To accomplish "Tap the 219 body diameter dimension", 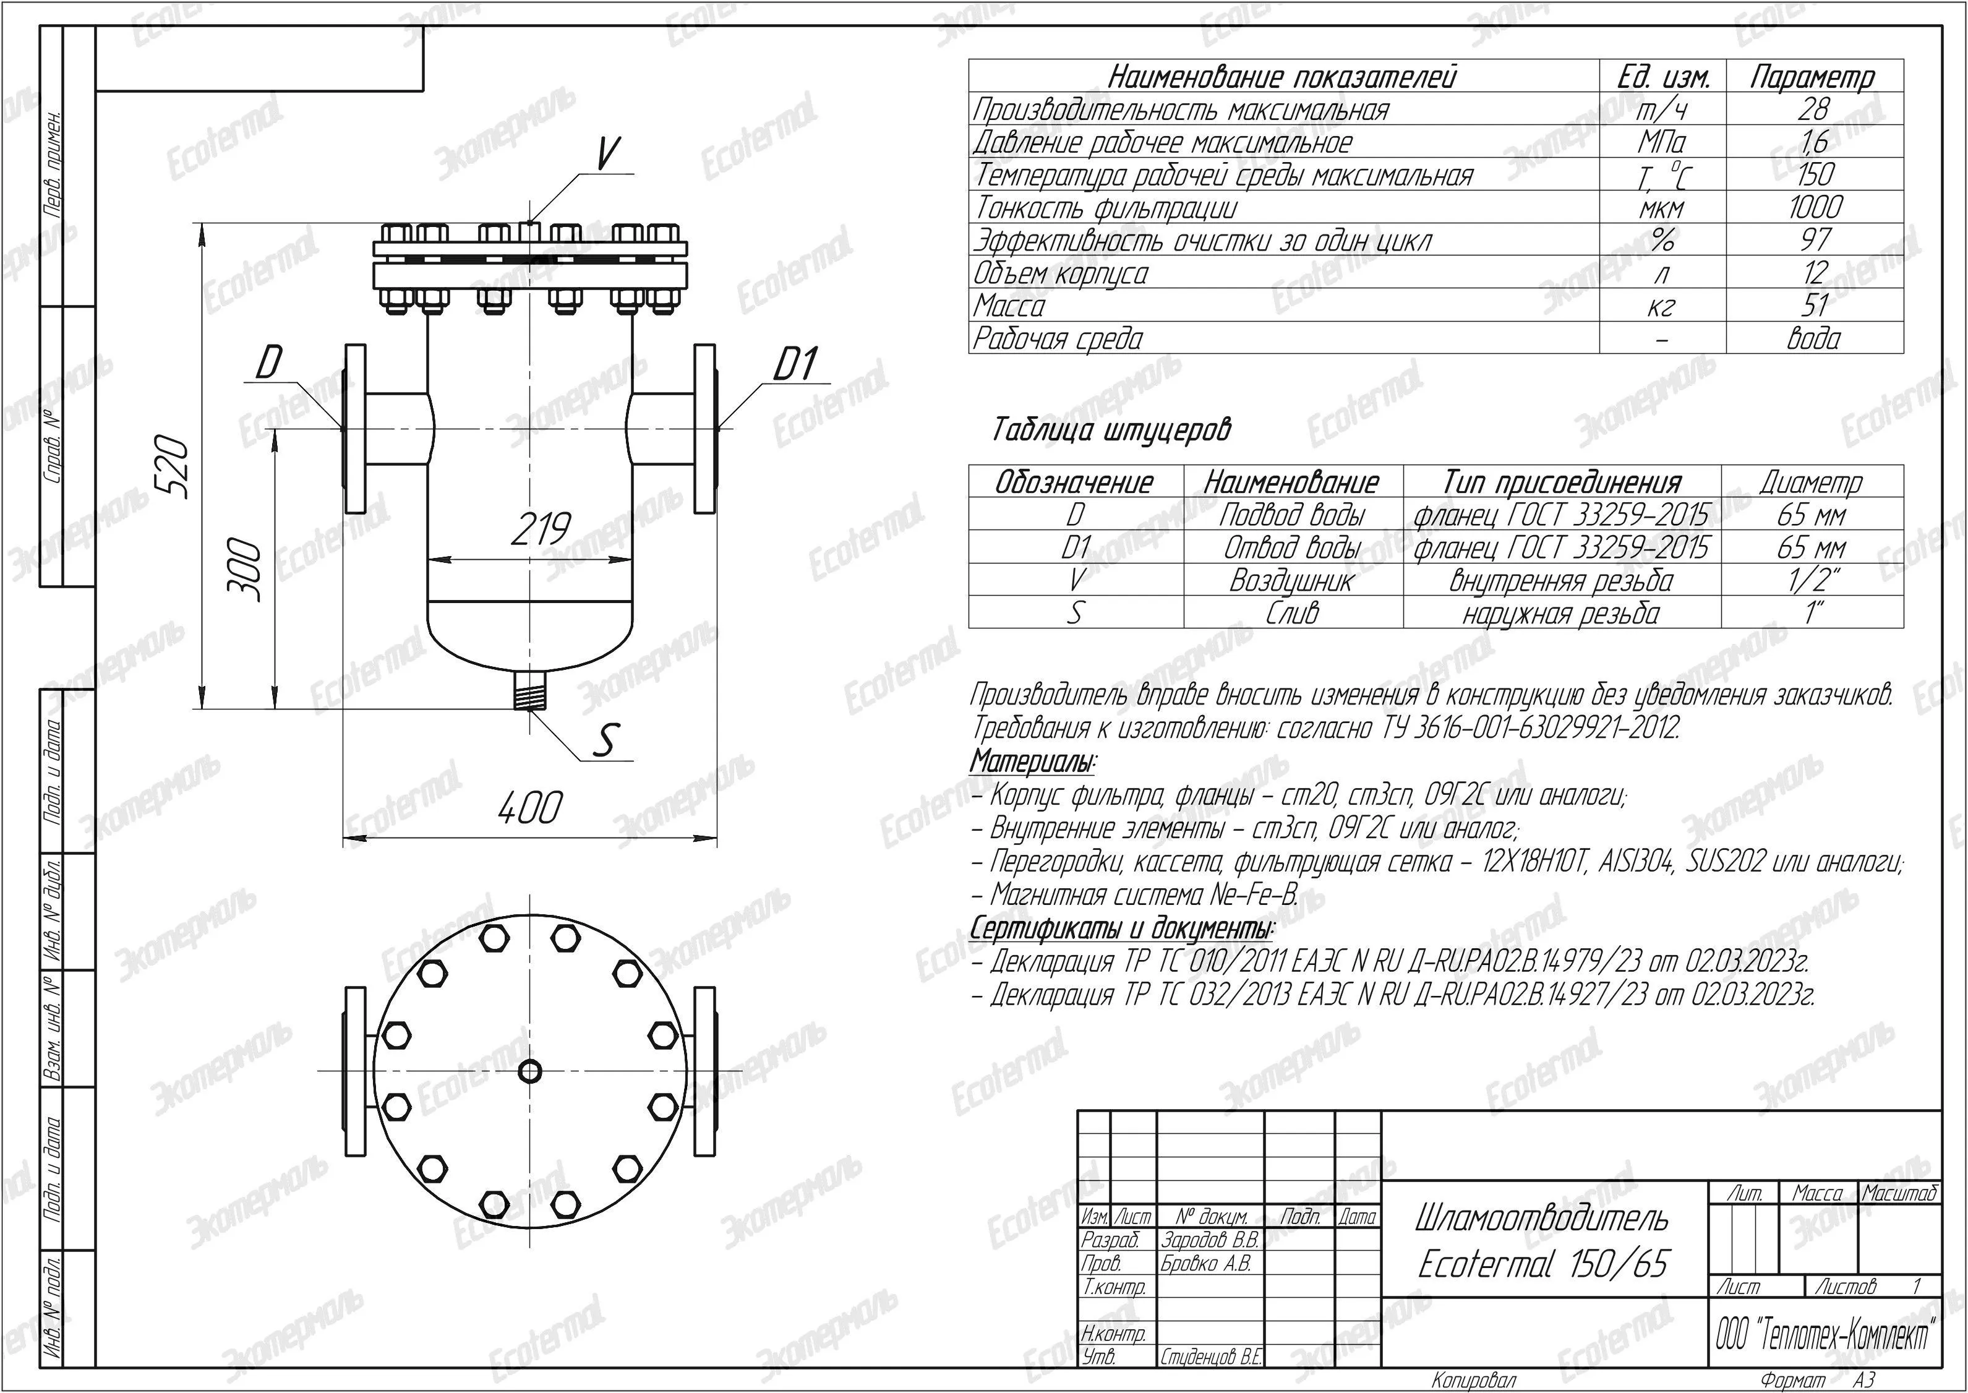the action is pyautogui.click(x=540, y=529).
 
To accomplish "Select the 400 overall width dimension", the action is pyautogui.click(x=530, y=808).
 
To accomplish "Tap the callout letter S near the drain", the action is pyautogui.click(x=606, y=741).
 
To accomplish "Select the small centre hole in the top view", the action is pyautogui.click(x=530, y=1071).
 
